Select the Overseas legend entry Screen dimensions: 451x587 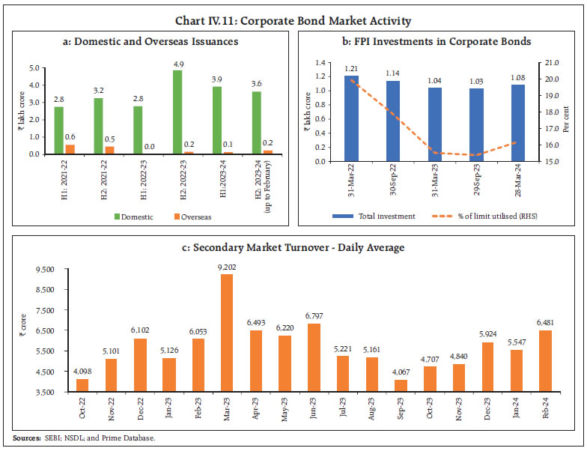[193, 217]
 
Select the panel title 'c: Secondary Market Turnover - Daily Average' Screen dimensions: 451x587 [293, 248]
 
